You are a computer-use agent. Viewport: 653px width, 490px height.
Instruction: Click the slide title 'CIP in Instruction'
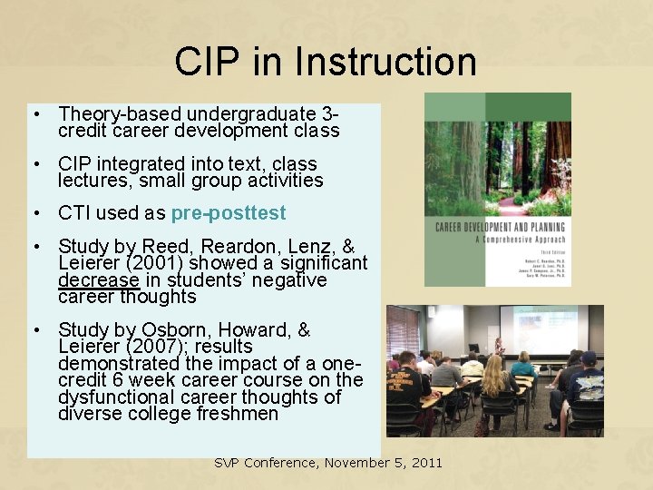tap(326, 62)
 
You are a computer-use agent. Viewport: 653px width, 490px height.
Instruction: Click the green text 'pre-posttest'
tap(228, 213)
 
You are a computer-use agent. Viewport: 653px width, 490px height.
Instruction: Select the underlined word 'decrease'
tap(98, 280)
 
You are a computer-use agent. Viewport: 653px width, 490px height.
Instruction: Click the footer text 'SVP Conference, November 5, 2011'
tap(328, 463)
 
